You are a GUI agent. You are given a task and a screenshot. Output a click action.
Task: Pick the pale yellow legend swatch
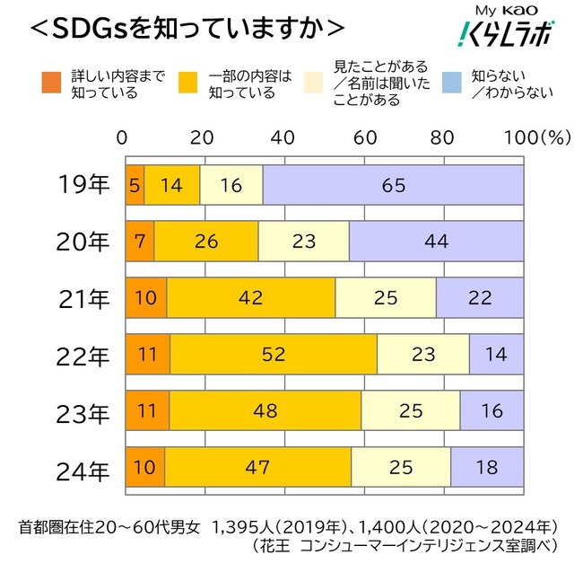(x=315, y=83)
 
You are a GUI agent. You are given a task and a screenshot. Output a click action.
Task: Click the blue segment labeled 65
(x=393, y=186)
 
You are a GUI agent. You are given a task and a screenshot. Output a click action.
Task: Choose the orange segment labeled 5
(x=135, y=186)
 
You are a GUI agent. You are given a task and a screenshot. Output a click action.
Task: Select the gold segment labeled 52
(x=274, y=354)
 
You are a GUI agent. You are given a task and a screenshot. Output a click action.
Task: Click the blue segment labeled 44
(x=436, y=242)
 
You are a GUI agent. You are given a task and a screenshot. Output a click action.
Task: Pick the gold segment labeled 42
(x=250, y=298)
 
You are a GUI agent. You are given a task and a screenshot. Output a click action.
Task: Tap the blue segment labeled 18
(x=486, y=466)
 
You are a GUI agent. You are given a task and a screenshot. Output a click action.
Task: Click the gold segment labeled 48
(x=265, y=410)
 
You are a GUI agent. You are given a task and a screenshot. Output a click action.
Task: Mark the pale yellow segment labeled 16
(x=231, y=186)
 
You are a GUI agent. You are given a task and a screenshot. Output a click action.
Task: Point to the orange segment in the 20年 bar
(x=139, y=242)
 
